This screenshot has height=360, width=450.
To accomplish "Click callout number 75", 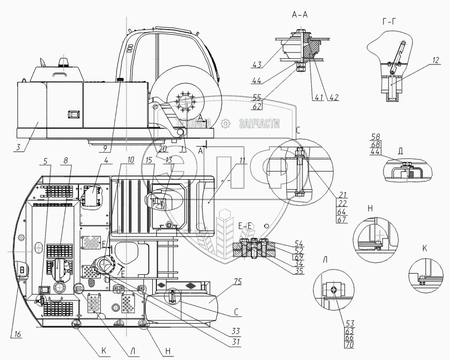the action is pyautogui.click(x=238, y=283).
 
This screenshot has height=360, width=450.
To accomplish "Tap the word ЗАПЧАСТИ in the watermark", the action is pyautogui.click(x=259, y=124).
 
